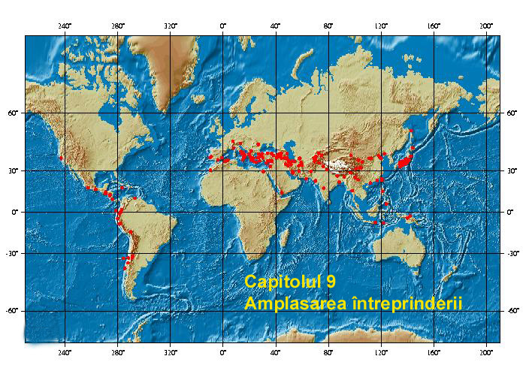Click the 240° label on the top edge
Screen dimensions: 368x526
coord(64,27)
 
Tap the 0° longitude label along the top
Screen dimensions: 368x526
coord(223,27)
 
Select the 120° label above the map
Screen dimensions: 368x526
coord(381,27)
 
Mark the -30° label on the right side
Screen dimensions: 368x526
coord(511,253)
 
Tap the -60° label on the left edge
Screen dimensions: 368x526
coord(16,310)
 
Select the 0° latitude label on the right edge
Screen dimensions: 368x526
coord(509,212)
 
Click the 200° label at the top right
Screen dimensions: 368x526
coord(486,27)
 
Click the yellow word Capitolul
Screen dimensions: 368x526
coord(280,282)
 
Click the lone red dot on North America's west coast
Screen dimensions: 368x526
coord(61,157)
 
